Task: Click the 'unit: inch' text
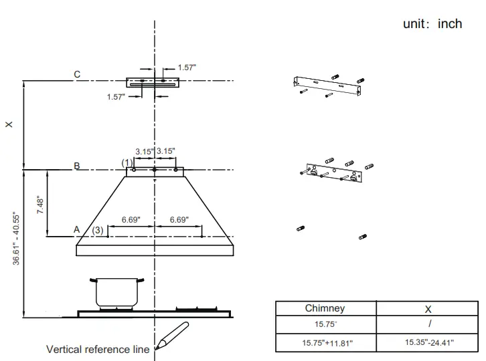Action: (x=432, y=24)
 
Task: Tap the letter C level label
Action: (x=77, y=74)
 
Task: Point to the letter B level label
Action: (x=77, y=166)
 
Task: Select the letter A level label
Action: (x=77, y=229)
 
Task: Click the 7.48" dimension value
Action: (x=40, y=204)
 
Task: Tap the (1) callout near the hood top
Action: (x=127, y=163)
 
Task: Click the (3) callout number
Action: (x=98, y=231)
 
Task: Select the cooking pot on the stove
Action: (x=116, y=293)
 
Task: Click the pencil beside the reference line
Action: (x=171, y=336)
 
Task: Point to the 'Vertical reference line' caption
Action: (x=98, y=349)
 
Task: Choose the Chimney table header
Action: (x=325, y=308)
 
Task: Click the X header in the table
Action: (x=428, y=309)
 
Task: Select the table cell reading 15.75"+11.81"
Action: (x=325, y=343)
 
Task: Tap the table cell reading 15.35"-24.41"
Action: (x=428, y=342)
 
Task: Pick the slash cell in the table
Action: (x=428, y=325)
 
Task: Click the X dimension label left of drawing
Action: (x=9, y=124)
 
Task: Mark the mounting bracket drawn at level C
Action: (x=154, y=83)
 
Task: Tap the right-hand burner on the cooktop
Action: (x=195, y=308)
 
